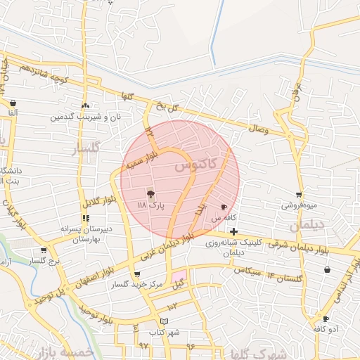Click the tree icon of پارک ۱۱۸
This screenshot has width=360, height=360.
[x=150, y=193]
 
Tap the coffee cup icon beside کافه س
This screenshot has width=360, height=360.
[x=224, y=207]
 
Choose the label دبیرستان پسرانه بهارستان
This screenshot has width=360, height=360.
[x=82, y=233]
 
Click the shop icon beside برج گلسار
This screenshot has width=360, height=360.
[x=44, y=250]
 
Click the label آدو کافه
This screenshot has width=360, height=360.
[x=326, y=329]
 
